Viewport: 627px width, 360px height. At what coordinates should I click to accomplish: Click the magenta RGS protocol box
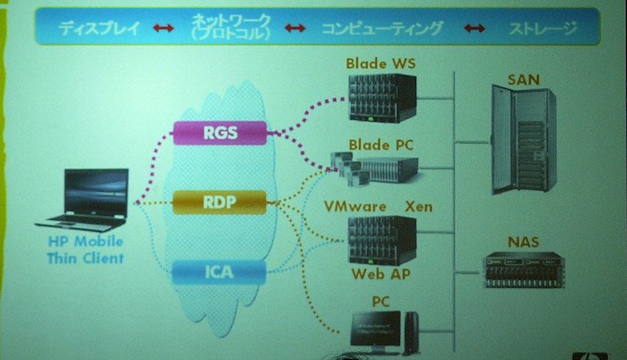[x=220, y=133]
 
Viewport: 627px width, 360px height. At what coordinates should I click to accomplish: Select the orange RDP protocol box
[x=220, y=203]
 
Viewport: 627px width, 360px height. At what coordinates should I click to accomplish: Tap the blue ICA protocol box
[x=219, y=273]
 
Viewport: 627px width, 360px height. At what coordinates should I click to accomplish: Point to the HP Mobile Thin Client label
[x=85, y=250]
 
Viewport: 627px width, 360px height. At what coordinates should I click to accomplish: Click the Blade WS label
[x=381, y=64]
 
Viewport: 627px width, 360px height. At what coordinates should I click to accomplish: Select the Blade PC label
[x=381, y=145]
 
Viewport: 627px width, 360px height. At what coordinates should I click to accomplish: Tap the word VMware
[x=355, y=206]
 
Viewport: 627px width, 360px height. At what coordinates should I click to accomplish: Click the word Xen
[x=419, y=206]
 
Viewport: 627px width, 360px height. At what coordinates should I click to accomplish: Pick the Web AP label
[x=381, y=274]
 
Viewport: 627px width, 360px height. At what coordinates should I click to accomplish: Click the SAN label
[x=523, y=80]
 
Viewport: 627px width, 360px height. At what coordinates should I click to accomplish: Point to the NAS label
[x=523, y=242]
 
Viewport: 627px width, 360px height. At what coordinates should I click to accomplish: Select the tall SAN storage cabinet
[x=523, y=140]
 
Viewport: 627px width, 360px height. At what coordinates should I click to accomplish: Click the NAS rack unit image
[x=523, y=270]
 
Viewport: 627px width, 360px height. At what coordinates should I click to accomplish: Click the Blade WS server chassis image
[x=383, y=97]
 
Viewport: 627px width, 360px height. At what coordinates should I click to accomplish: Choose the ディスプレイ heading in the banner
[x=99, y=28]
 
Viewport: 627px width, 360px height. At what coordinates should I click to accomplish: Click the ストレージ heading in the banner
[x=542, y=28]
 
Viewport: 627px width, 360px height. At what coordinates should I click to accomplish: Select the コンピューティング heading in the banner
[x=383, y=28]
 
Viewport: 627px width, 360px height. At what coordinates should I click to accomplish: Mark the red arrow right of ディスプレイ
[x=164, y=28]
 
